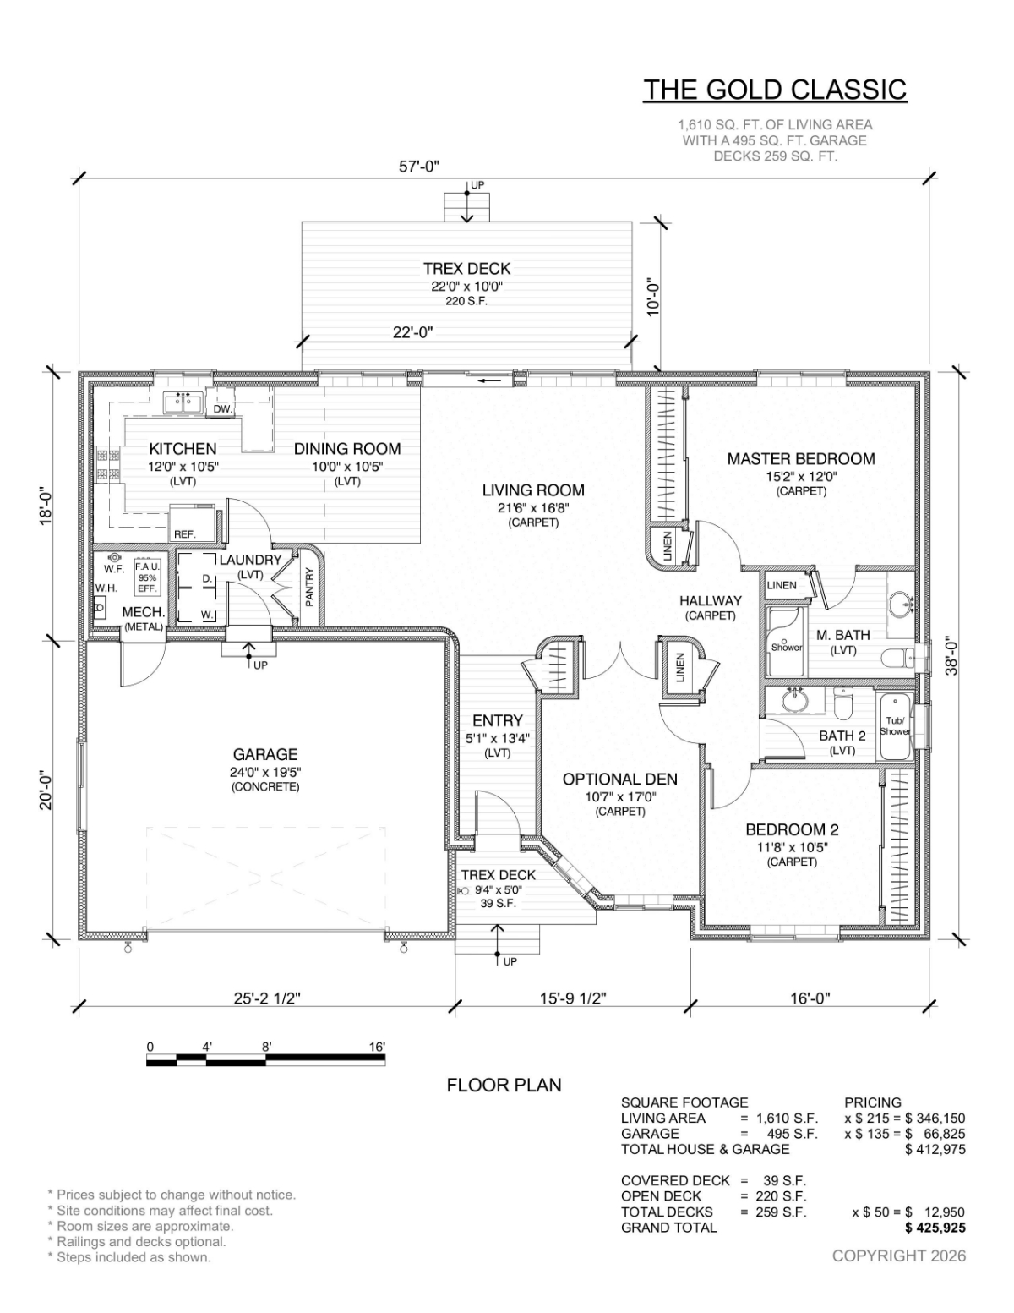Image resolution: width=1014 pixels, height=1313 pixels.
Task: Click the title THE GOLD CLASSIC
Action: (x=775, y=90)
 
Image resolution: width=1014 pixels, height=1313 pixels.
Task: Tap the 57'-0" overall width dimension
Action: (x=419, y=167)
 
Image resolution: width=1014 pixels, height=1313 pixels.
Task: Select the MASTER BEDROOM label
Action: (x=801, y=458)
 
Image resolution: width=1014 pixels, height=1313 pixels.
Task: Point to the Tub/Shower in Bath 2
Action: (x=894, y=726)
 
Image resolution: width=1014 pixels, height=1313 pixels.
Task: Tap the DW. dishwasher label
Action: (x=223, y=409)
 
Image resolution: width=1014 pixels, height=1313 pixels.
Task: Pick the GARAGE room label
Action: (x=265, y=754)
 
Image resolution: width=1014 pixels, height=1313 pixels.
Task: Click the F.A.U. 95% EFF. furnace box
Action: (x=147, y=577)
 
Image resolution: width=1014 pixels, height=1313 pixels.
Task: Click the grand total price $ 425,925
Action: (x=935, y=1228)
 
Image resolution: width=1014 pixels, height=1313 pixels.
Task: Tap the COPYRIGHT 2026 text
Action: (x=898, y=1256)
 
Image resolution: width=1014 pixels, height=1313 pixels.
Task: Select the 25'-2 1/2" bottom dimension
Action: (x=267, y=998)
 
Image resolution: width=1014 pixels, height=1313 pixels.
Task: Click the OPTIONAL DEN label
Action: (x=619, y=780)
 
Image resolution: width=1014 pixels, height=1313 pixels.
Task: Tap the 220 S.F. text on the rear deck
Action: (x=466, y=301)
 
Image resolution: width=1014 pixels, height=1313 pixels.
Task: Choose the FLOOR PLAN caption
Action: (x=504, y=1086)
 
